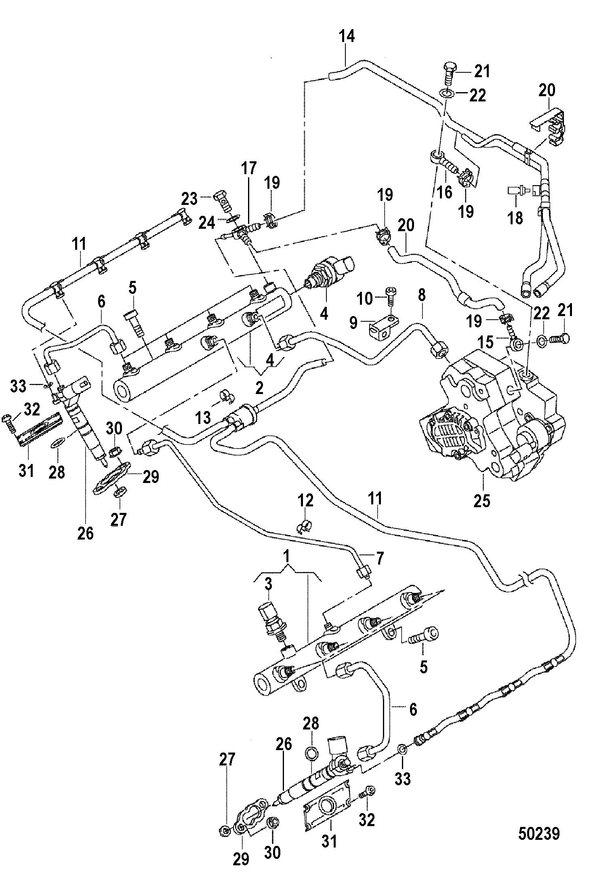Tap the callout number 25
tap(482, 500)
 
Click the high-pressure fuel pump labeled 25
tap(493, 416)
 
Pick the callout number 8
tap(421, 296)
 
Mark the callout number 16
tap(445, 192)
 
